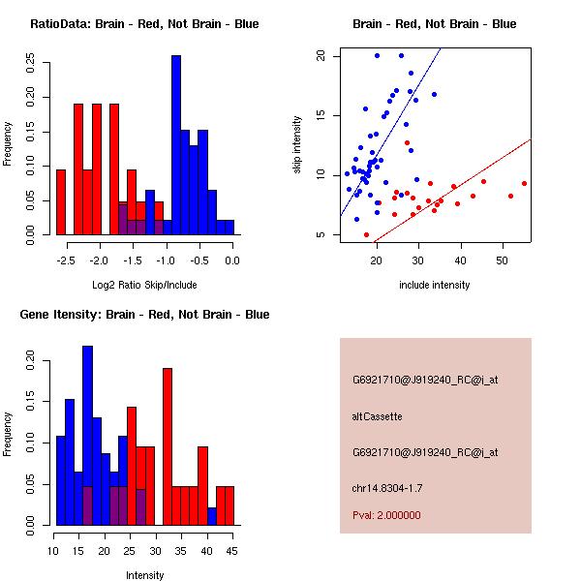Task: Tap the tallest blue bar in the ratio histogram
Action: click(176, 145)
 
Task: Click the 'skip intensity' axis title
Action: click(298, 145)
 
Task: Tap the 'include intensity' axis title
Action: click(435, 285)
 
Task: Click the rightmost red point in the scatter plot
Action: click(524, 183)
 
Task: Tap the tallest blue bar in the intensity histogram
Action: click(88, 436)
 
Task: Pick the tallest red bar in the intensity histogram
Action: click(168, 445)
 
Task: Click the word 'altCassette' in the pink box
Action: click(377, 416)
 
